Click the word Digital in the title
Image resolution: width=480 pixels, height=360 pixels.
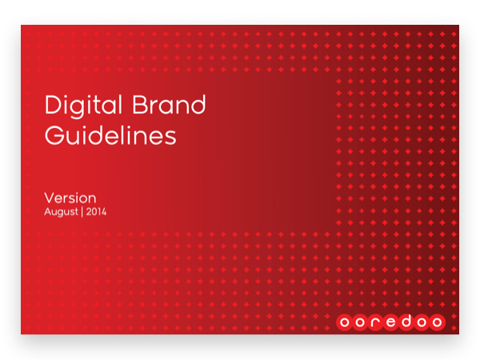[x=83, y=106]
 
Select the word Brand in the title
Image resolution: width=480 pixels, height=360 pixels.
[x=169, y=104]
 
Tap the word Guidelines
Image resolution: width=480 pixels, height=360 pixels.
[x=110, y=135]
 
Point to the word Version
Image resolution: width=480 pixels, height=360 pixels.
[x=70, y=198]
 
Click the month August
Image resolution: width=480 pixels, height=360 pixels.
[x=62, y=212]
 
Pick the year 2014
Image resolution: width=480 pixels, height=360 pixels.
[x=96, y=211]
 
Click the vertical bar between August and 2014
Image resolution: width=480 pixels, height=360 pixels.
[x=82, y=212]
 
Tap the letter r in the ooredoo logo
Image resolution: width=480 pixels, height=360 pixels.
[x=376, y=322]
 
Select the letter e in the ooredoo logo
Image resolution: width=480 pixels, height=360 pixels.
[x=391, y=322]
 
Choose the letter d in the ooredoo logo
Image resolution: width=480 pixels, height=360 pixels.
[x=406, y=321]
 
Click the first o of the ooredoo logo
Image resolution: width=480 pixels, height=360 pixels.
[x=344, y=322]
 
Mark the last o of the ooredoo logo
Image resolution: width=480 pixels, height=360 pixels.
[x=437, y=322]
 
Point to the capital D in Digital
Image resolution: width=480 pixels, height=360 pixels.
[x=54, y=105]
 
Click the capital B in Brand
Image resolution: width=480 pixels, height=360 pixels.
[x=139, y=105]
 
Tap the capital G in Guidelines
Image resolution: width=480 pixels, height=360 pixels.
[x=54, y=135]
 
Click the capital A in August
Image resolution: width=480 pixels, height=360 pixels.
[x=48, y=211]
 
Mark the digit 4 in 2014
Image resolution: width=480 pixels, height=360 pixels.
[x=103, y=211]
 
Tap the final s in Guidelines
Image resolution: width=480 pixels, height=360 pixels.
[x=170, y=138]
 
